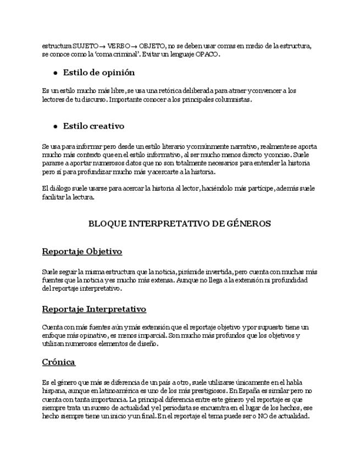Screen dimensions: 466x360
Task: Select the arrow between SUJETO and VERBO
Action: pos(103,46)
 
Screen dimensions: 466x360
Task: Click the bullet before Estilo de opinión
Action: pos(56,73)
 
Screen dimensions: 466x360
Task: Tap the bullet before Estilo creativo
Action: pos(56,126)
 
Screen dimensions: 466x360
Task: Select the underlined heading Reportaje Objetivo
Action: pos(82,252)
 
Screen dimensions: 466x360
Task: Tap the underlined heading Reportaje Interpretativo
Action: pos(94,309)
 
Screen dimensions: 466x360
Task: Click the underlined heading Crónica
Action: pos(58,362)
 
